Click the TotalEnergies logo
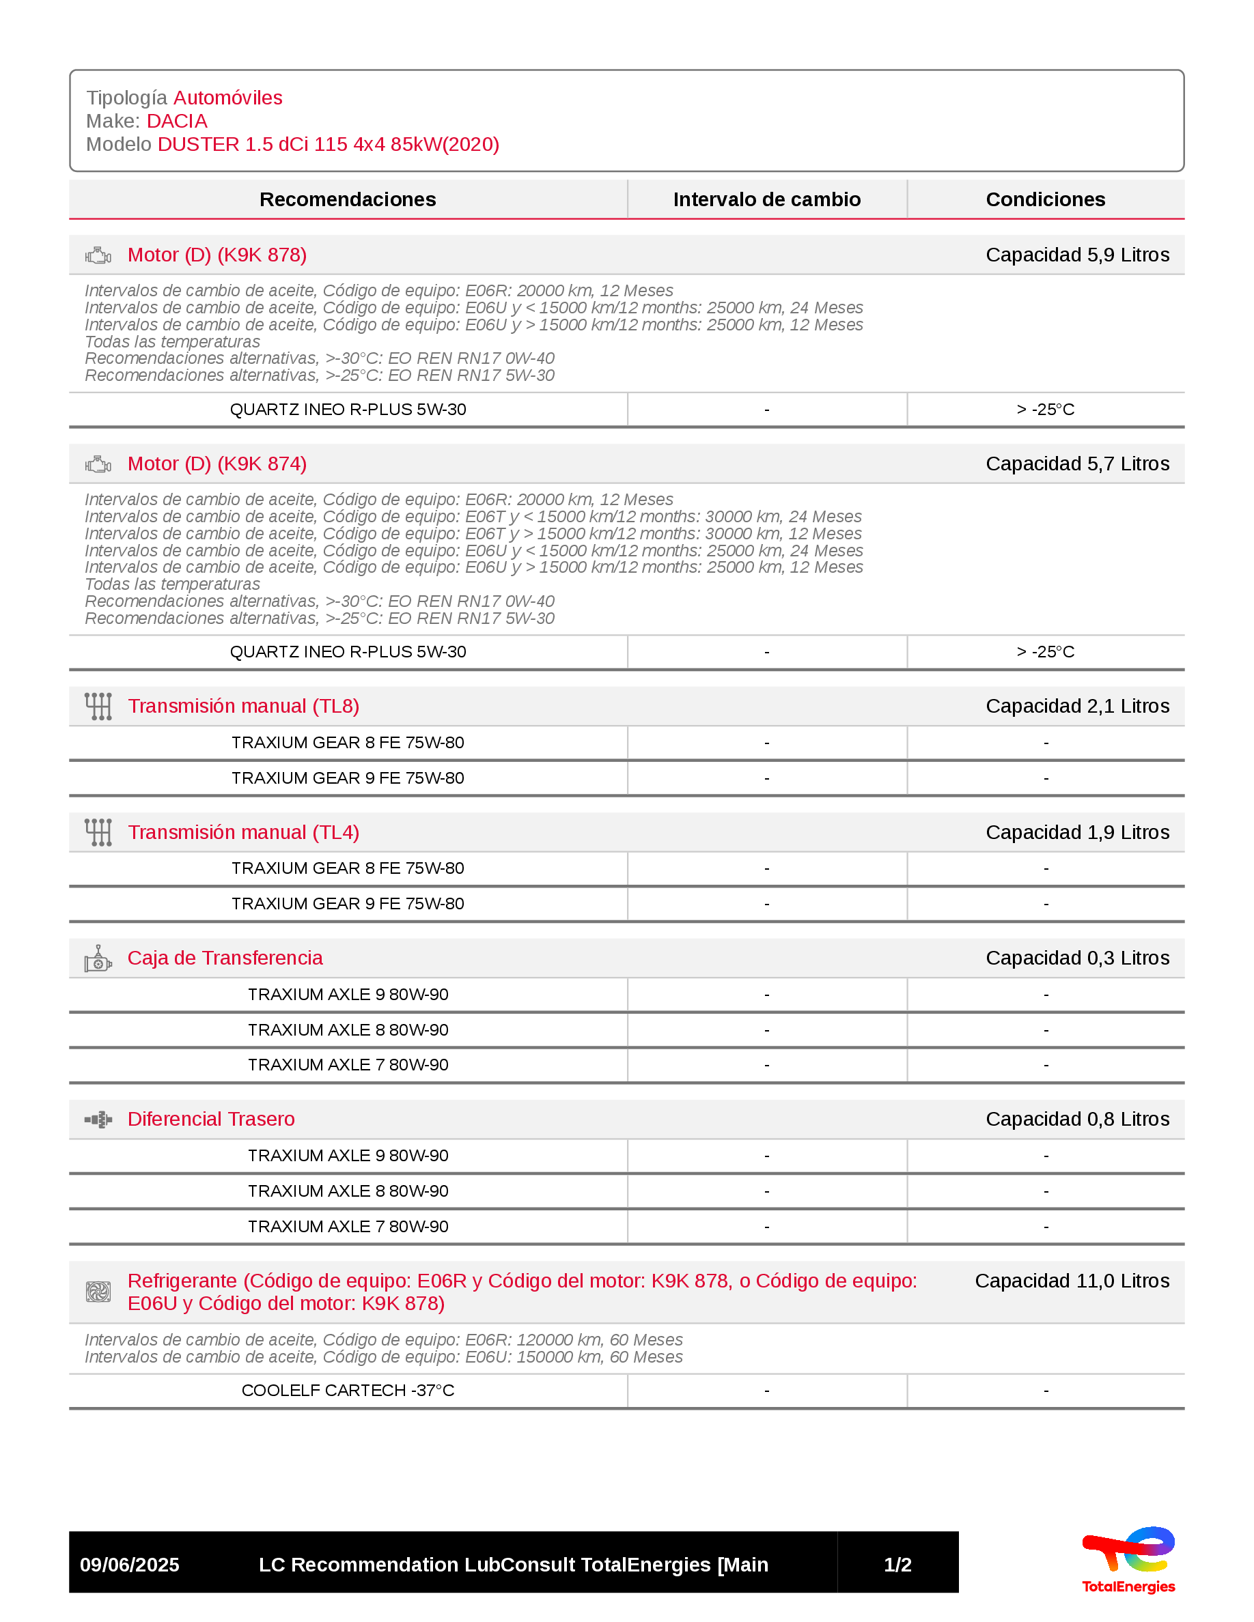(x=1128, y=1561)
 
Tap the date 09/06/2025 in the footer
(x=129, y=1565)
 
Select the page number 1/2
(x=897, y=1565)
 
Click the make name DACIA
(x=177, y=121)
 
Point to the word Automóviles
(x=227, y=98)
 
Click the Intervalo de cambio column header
(x=766, y=199)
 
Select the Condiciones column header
(x=1045, y=199)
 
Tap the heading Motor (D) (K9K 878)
(x=217, y=255)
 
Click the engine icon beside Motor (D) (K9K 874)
(x=98, y=464)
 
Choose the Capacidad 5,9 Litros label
(x=1077, y=255)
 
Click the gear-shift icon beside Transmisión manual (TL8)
(x=98, y=707)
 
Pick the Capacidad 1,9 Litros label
(x=1077, y=833)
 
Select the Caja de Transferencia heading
(x=225, y=958)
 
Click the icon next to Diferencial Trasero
(x=98, y=1119)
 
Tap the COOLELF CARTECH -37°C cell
(x=348, y=1391)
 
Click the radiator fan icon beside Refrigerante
(x=98, y=1292)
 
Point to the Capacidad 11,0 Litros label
(x=1072, y=1281)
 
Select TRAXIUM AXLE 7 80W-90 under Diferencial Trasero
(x=348, y=1226)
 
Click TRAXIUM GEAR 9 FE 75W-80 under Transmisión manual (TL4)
(x=348, y=904)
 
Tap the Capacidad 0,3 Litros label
(x=1077, y=958)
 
